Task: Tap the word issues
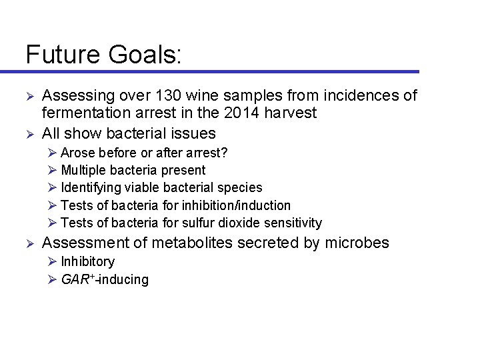pos(193,133)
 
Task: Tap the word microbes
pos(357,243)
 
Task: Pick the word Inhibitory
pos(87,261)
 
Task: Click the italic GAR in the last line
pos(73,279)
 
